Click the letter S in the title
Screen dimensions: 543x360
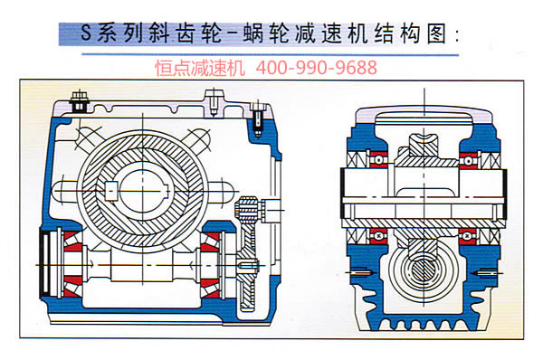coord(86,33)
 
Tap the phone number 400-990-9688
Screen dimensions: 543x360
coord(316,68)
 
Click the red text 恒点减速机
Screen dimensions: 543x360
coord(200,68)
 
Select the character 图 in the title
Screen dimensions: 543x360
coord(436,33)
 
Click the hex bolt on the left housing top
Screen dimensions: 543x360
coord(80,101)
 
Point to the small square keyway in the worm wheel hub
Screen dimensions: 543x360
coord(110,191)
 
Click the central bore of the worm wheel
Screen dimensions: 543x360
coord(143,192)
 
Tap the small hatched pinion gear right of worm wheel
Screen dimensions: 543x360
coord(247,210)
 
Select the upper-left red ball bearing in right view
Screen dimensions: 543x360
coord(378,160)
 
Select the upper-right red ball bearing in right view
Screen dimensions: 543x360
coord(468,160)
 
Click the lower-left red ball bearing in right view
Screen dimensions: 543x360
coord(378,236)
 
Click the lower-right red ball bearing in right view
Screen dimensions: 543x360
coord(468,236)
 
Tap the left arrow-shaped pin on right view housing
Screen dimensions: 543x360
coord(361,272)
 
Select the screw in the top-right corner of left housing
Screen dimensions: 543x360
coord(257,118)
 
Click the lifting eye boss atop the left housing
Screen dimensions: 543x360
coord(214,102)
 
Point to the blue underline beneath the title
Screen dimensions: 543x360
coord(270,54)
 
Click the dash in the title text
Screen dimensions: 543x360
coord(233,34)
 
